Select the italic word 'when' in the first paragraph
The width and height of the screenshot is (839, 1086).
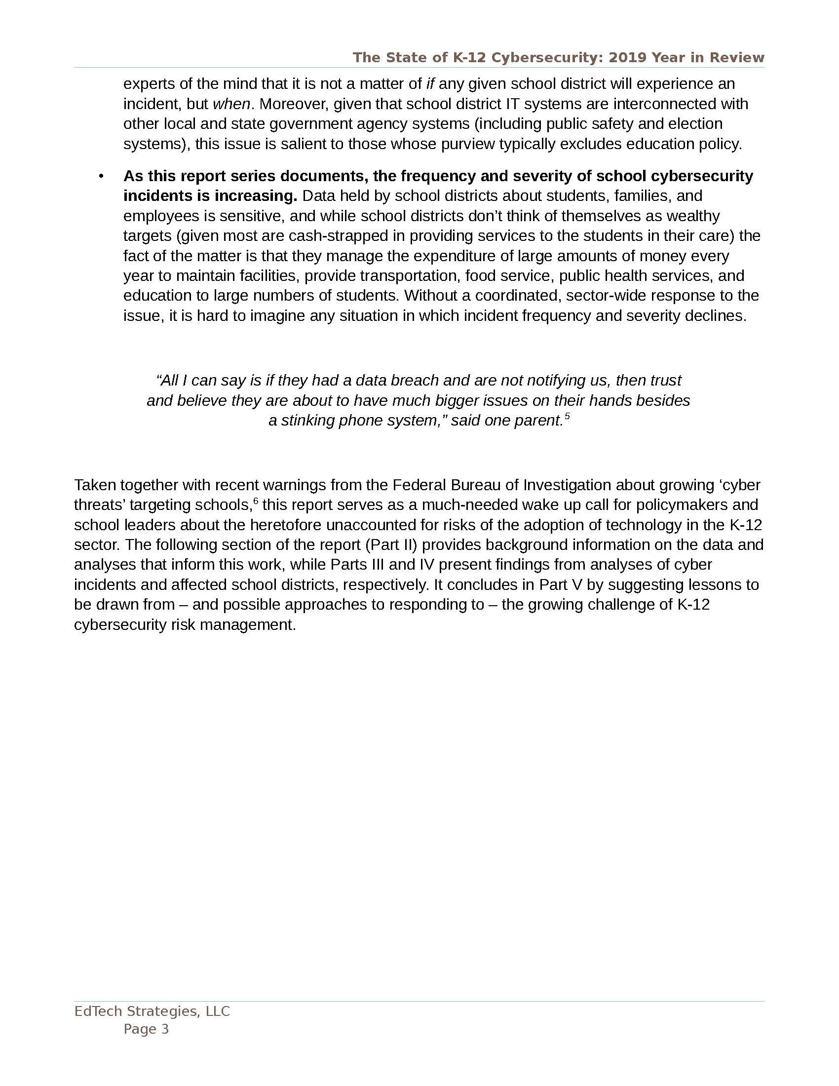coord(231,104)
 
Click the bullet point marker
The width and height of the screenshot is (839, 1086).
coord(101,177)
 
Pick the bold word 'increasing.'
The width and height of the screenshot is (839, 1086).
coord(255,196)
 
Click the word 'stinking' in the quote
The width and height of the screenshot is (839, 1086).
coord(307,421)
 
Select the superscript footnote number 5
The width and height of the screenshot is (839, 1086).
coord(567,417)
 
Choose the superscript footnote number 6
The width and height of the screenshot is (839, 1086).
coord(256,501)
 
